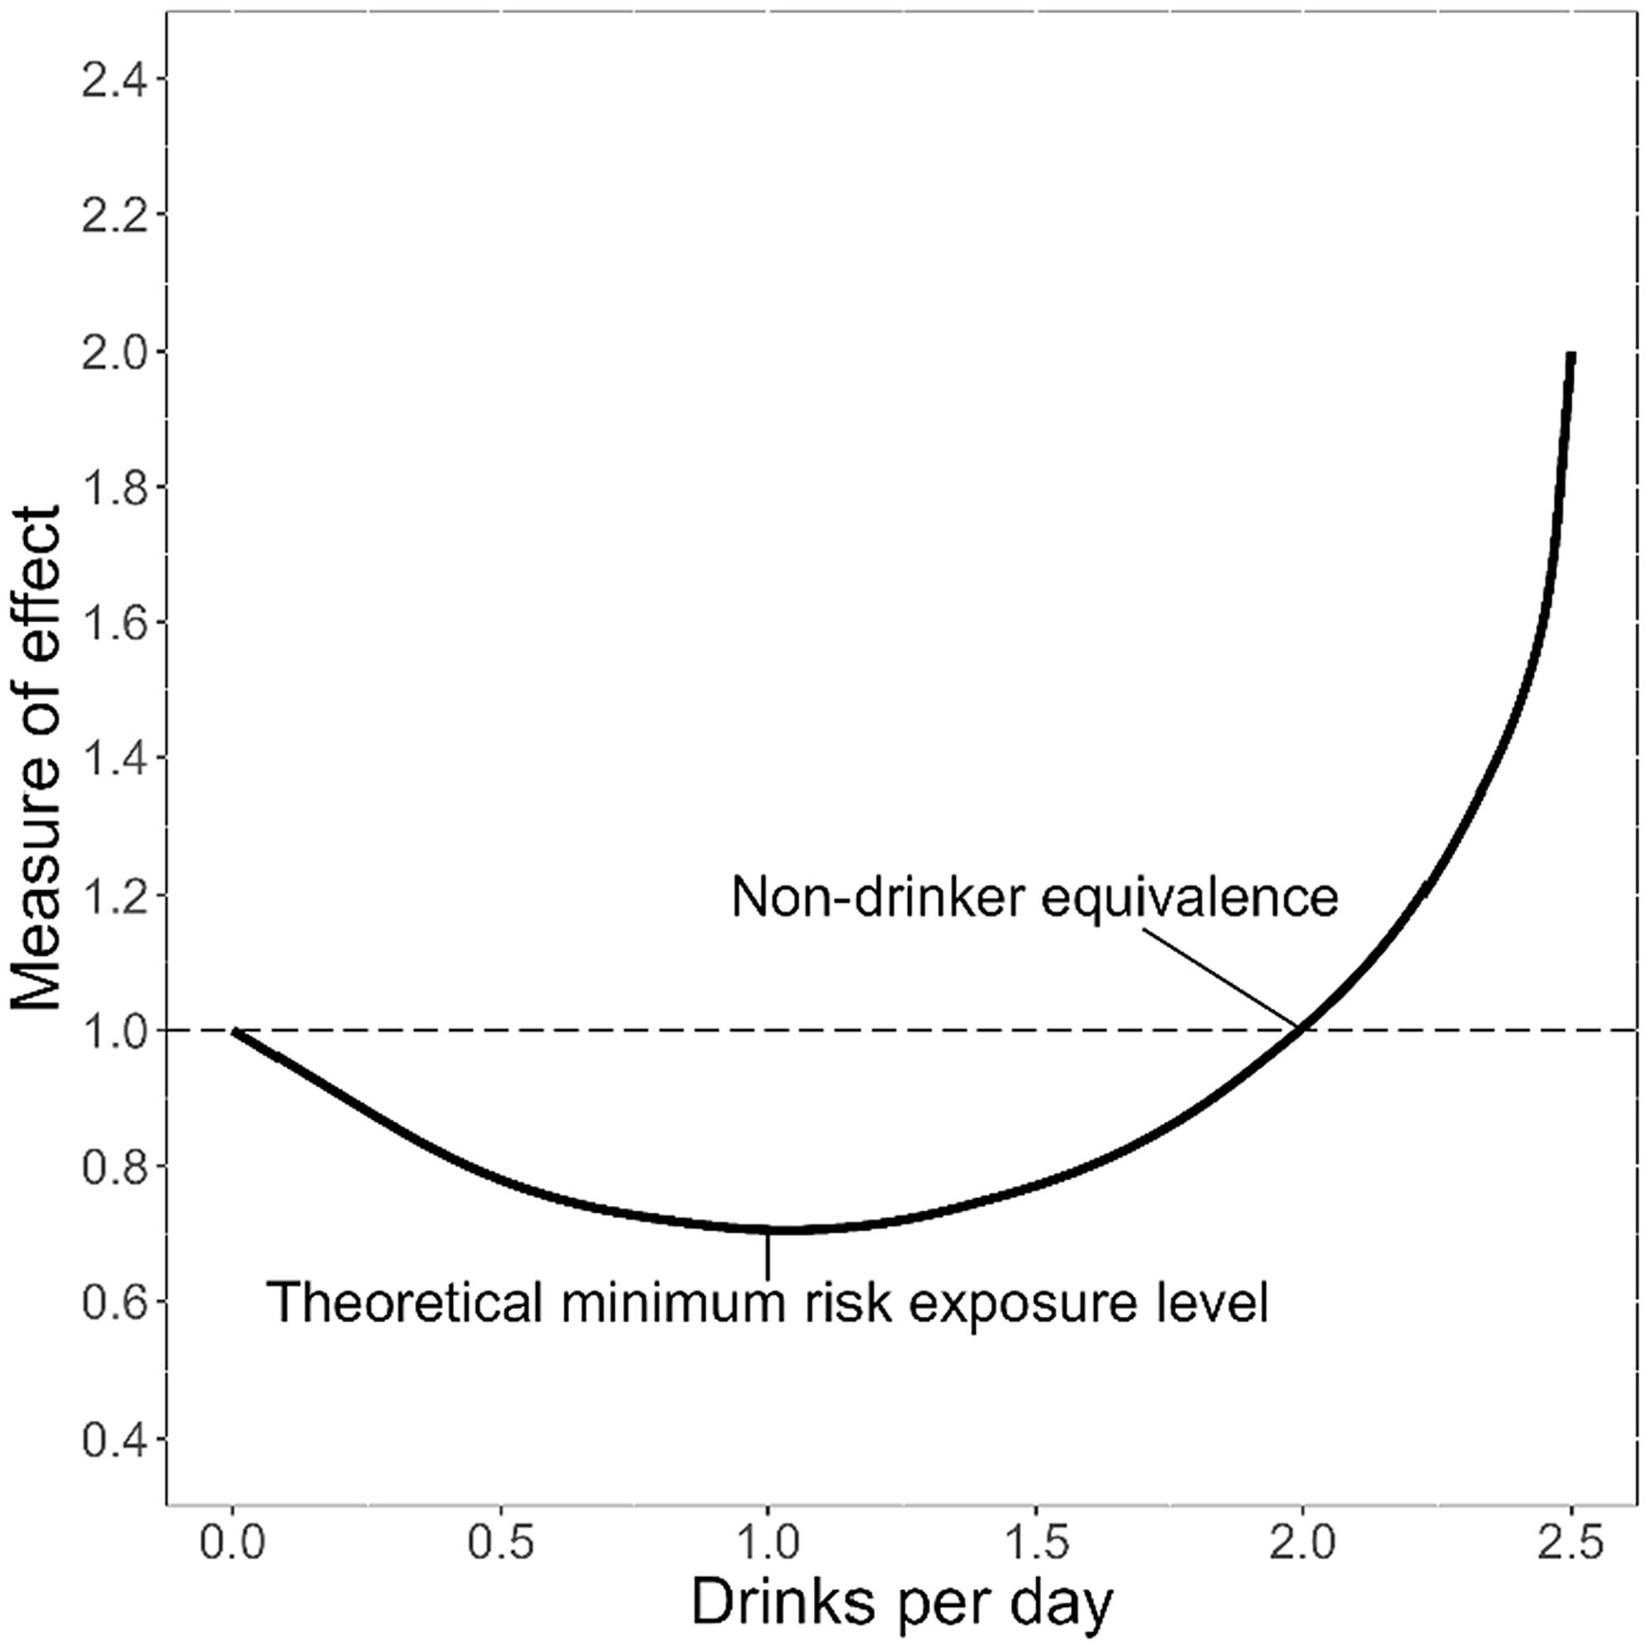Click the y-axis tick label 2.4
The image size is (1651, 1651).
[x=115, y=79]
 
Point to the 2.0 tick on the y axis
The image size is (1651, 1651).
[x=115, y=351]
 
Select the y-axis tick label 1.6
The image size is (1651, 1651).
[x=115, y=623]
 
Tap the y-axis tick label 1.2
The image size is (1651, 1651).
[x=115, y=894]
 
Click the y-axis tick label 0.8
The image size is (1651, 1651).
[x=115, y=1166]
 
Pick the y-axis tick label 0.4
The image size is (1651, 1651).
[x=115, y=1438]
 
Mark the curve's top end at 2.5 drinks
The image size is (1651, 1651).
[x=1571, y=355]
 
